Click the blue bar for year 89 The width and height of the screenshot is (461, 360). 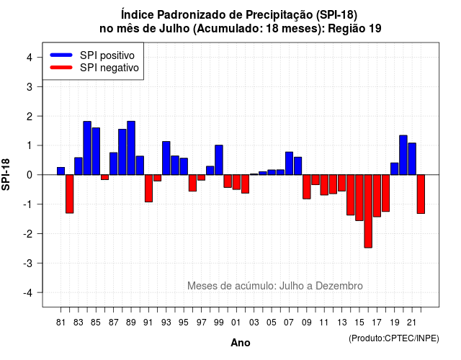131,148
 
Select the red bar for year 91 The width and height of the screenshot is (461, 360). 149,189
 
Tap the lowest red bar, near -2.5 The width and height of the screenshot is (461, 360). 368,211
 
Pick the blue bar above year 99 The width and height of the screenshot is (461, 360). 219,160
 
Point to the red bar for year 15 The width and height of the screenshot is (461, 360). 359,198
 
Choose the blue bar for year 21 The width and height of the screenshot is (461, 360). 412,159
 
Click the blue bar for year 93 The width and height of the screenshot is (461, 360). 166,158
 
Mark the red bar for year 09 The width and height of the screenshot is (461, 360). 307,187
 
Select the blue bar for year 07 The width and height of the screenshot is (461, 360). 290,163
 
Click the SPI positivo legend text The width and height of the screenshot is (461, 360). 107,55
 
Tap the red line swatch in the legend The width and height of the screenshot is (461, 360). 61,67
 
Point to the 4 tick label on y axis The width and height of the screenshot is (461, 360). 30,57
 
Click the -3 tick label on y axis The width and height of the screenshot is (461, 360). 27,263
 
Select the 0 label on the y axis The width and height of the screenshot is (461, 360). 30,175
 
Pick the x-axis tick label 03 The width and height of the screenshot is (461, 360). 254,323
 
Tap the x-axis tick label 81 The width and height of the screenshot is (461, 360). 61,323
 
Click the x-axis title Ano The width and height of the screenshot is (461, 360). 241,343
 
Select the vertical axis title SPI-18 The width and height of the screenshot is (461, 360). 6,174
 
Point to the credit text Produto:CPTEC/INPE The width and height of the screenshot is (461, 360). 394,338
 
